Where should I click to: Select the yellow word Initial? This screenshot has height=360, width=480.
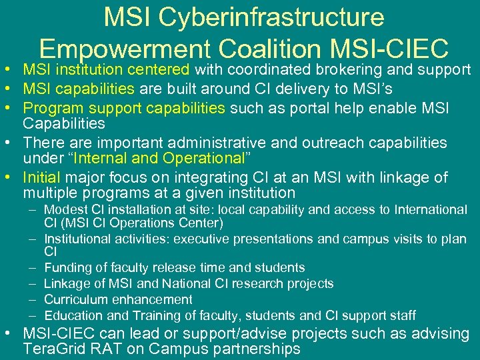tap(42, 177)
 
